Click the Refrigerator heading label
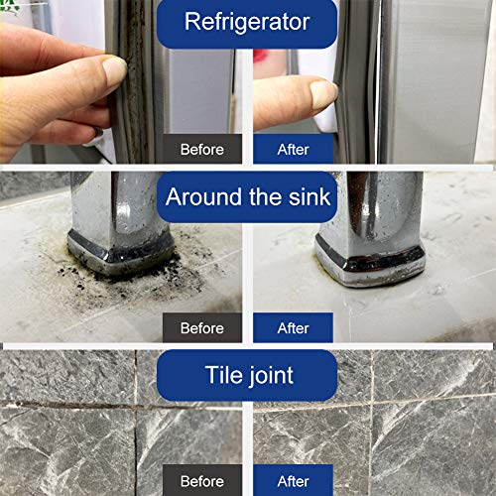[247, 22]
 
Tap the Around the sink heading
[247, 197]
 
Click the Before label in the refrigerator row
[202, 149]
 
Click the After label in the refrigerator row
[293, 149]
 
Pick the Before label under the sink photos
[202, 328]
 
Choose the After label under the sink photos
[293, 328]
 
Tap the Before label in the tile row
[202, 481]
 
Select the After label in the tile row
[293, 481]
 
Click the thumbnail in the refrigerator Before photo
[114, 68]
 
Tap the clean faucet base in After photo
[370, 261]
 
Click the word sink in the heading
[310, 197]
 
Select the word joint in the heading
[271, 376]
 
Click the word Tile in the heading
[225, 375]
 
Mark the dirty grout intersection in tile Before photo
[136, 405]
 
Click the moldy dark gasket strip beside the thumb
[134, 82]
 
